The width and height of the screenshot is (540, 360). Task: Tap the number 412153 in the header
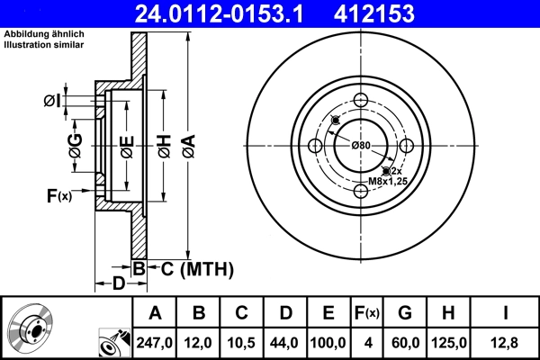[x=400, y=13]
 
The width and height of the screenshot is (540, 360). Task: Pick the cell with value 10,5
[x=243, y=343]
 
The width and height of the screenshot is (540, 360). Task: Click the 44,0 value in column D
[x=285, y=343]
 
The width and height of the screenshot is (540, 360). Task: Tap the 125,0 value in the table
[x=450, y=343]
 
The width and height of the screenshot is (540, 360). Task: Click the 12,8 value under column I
[x=507, y=343]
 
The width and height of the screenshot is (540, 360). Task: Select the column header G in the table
[x=405, y=313]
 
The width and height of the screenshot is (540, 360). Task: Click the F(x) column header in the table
[x=367, y=313]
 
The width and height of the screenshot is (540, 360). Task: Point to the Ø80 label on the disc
[x=361, y=146]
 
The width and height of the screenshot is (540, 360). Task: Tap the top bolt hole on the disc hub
[x=361, y=101]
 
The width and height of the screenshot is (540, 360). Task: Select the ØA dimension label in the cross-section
[x=187, y=144]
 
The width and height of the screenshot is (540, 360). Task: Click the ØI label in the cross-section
[x=52, y=101]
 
